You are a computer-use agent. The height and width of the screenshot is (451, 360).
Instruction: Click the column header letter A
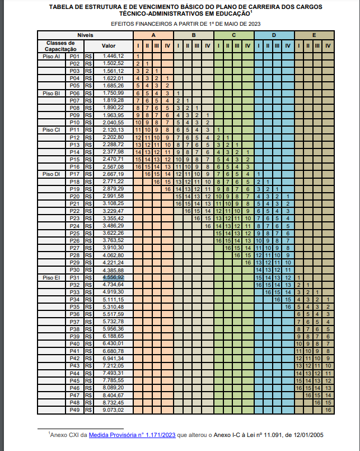coord(153,35)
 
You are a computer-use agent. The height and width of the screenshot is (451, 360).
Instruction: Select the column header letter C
coord(233,35)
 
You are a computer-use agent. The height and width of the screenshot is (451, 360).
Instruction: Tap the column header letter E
coord(314,35)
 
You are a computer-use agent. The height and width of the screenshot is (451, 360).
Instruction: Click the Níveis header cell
coord(85,35)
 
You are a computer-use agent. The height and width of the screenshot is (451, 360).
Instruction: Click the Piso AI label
coord(52,57)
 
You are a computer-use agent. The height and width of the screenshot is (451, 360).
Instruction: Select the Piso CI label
coord(52,130)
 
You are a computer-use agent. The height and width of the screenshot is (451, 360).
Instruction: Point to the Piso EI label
coord(52,277)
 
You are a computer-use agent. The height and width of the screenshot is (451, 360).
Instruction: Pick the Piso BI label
coord(52,93)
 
